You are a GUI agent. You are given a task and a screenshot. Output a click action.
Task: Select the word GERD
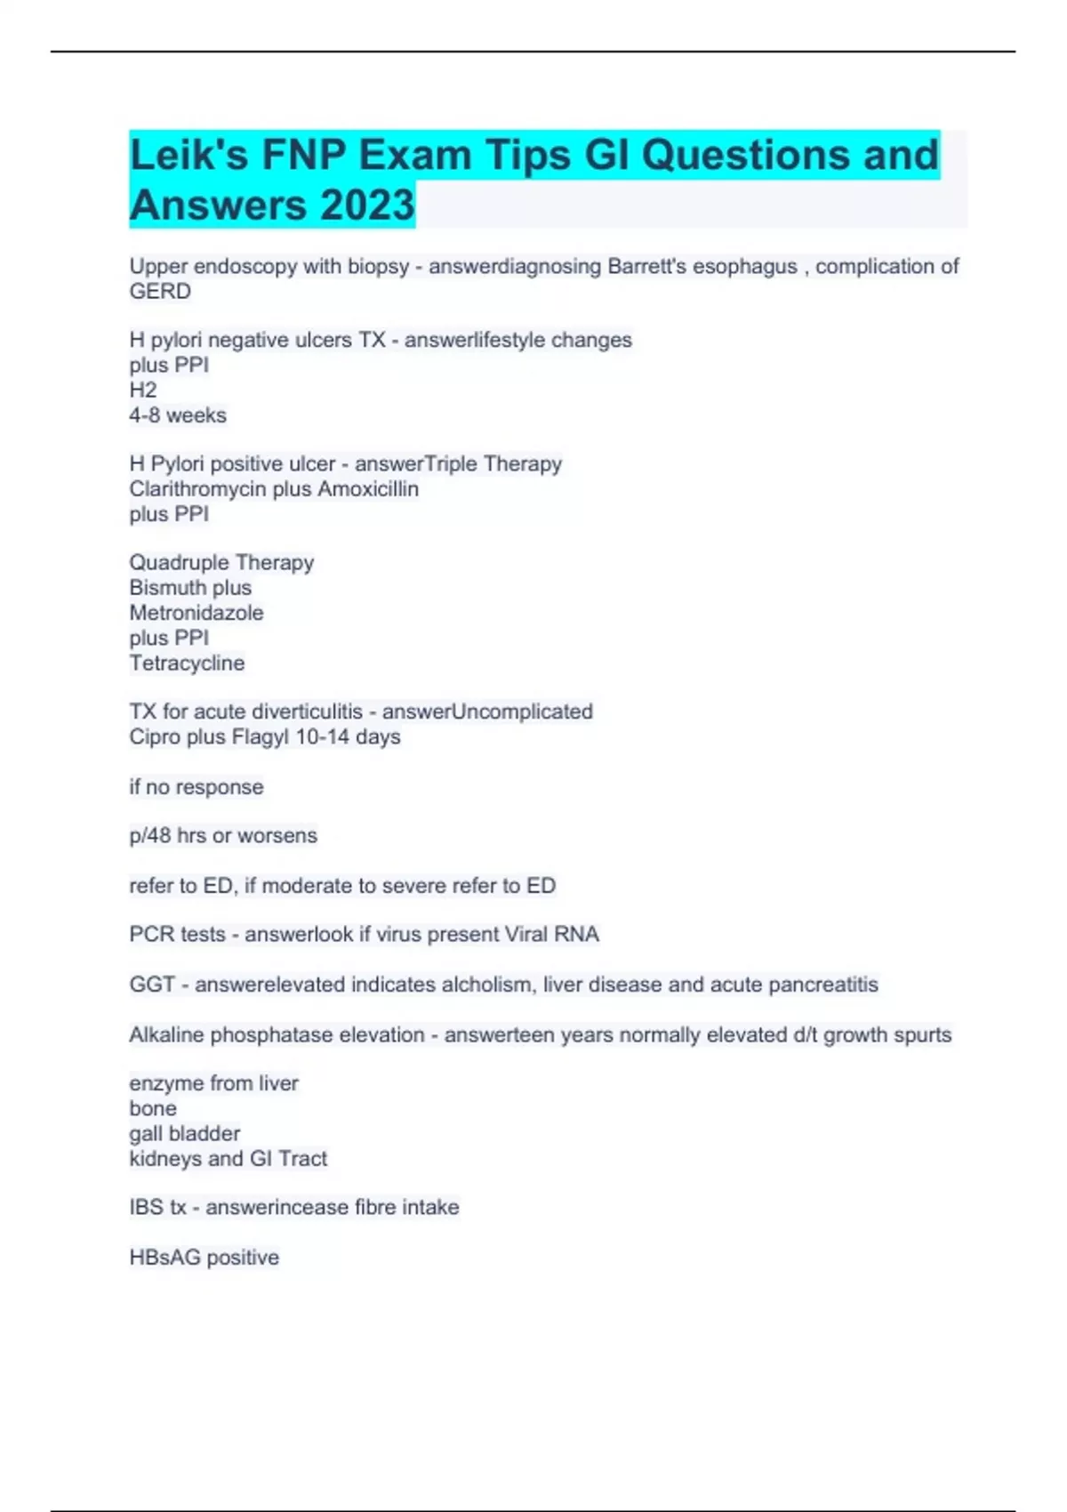click(160, 292)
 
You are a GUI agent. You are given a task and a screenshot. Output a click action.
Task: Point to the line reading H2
click(143, 390)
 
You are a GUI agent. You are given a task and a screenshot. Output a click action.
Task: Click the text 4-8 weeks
click(178, 415)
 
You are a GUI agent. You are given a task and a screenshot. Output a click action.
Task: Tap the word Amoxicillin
click(368, 489)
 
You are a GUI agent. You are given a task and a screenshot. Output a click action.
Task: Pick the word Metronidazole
click(197, 613)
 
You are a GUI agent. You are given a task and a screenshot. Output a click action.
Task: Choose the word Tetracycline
click(187, 663)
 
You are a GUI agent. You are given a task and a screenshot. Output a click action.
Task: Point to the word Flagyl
click(261, 736)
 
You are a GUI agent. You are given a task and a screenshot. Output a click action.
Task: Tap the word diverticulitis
click(307, 712)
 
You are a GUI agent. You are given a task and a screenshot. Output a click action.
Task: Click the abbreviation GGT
click(151, 985)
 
